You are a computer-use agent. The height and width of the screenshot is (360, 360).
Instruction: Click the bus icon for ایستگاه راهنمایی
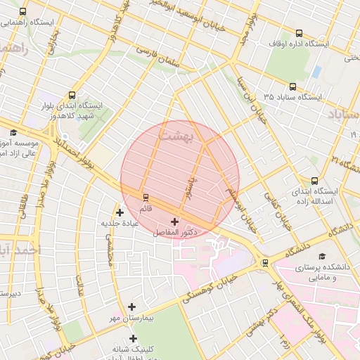click(23, 12)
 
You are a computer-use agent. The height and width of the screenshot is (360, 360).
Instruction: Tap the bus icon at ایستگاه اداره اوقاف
click(300, 33)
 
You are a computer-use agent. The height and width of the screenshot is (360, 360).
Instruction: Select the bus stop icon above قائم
click(146, 198)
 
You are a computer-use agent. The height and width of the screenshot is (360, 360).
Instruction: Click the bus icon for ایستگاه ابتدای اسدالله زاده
click(314, 181)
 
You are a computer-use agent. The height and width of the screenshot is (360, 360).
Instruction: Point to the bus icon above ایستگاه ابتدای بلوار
click(72, 95)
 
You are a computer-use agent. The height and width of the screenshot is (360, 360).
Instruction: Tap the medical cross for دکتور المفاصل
click(174, 221)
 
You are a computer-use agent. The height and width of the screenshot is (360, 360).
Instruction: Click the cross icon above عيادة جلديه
click(120, 212)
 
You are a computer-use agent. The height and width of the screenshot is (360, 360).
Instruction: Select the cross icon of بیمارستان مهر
click(132, 307)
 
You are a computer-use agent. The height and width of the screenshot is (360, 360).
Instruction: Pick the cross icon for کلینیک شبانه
click(133, 338)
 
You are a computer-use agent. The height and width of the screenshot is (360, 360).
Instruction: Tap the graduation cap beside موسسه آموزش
click(13, 132)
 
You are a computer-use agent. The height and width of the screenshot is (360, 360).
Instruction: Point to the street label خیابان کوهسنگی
click(210, 289)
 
